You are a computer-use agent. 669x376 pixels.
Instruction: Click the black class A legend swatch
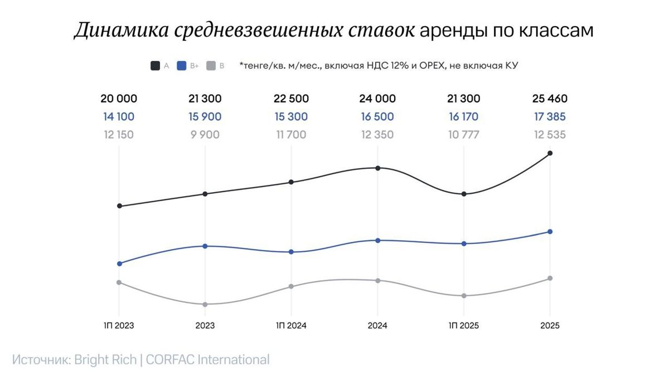(155, 66)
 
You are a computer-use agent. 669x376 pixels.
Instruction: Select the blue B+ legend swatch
(181, 66)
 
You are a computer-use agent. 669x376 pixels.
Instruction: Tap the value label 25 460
(550, 99)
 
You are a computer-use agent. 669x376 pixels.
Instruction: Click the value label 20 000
(119, 99)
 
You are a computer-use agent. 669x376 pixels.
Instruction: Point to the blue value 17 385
(550, 117)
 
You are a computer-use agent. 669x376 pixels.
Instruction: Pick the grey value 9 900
(205, 134)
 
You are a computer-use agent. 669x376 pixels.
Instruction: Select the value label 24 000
(377, 99)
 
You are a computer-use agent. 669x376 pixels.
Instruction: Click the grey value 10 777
(464, 134)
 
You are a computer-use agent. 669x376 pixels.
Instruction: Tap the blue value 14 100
(119, 117)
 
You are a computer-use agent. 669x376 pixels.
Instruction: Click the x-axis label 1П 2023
(119, 326)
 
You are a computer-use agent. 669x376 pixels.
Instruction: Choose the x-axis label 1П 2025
(464, 326)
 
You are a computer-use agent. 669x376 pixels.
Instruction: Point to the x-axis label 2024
(377, 326)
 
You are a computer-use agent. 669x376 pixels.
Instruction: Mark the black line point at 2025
(550, 153)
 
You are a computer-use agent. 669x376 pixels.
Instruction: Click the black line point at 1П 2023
(119, 206)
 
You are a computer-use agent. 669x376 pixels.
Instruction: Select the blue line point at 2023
(205, 246)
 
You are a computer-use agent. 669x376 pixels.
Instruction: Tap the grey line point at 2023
(205, 304)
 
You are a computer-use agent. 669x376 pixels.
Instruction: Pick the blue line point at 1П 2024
(291, 252)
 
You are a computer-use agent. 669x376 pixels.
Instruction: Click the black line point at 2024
(377, 168)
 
